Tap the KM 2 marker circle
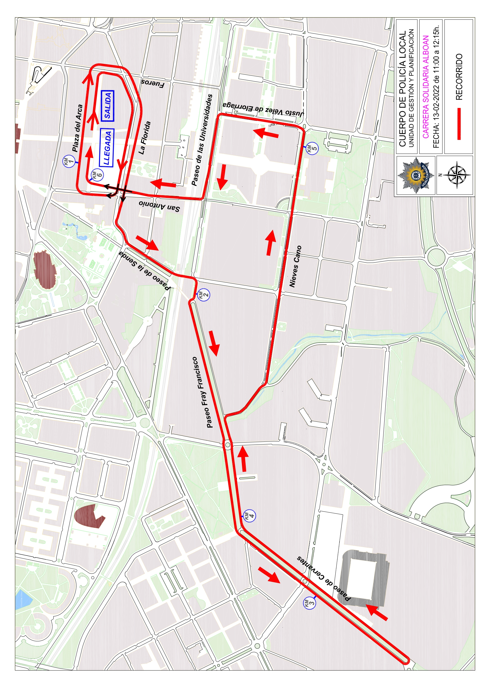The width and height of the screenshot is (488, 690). point(204,294)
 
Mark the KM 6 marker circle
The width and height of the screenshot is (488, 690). point(97,174)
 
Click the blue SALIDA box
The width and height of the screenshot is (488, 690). point(108,106)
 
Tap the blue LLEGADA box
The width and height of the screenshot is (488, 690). point(106,148)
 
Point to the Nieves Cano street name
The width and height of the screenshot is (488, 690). point(295,266)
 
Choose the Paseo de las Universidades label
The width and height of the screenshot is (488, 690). point(202,140)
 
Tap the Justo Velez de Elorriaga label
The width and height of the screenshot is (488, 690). point(263,109)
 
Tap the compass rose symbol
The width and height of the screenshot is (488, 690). point(456,175)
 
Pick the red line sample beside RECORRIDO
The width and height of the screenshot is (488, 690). point(459,124)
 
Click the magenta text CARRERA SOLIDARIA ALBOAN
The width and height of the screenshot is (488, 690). point(425,87)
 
